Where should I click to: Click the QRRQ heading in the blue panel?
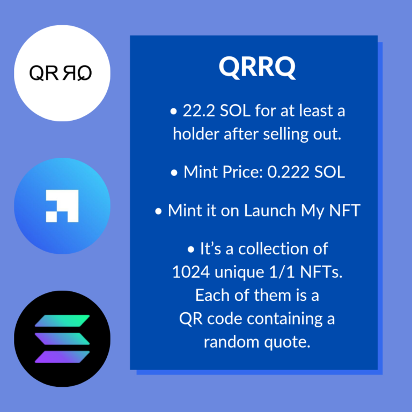[x=257, y=68]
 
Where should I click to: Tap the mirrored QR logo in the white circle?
[x=61, y=73]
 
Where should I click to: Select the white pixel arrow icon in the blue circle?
[x=62, y=206]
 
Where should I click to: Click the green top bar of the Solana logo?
[x=62, y=321]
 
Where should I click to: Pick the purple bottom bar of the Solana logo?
[x=62, y=357]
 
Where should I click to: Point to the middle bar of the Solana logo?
[x=62, y=339]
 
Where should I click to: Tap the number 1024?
[x=191, y=272]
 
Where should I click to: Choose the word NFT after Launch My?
[x=345, y=210]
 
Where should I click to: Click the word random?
[x=232, y=342]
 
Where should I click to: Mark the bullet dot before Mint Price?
[x=174, y=173]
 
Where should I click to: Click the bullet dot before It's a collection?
[x=191, y=249]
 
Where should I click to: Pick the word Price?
[x=242, y=172]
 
